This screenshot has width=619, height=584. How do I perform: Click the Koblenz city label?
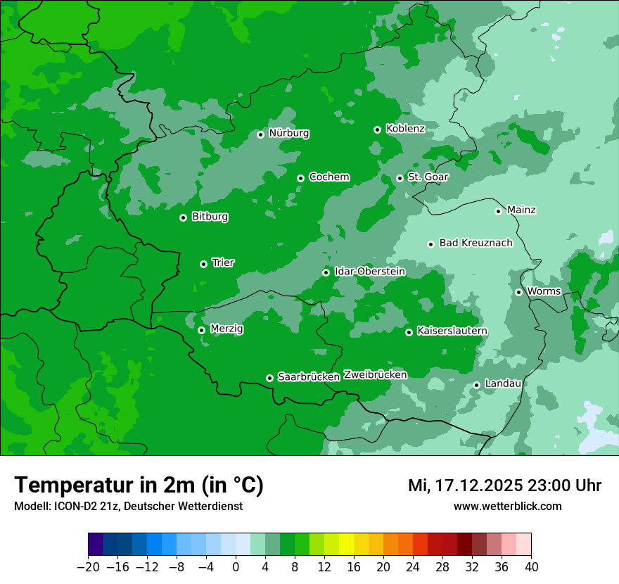(405, 129)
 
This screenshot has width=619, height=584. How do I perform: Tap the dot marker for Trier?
(203, 264)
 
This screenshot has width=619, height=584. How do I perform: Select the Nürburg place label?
(288, 133)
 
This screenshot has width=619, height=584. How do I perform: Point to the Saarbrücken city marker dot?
(269, 378)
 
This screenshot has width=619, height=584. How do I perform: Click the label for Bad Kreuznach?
(476, 243)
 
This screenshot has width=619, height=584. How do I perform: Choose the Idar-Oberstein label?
(369, 271)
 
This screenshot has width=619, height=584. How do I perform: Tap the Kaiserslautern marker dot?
(409, 332)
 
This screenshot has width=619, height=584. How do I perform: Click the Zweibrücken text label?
(375, 375)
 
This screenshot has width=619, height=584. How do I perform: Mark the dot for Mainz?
(498, 211)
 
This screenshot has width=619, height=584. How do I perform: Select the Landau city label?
(503, 383)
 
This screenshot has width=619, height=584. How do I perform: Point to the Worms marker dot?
(518, 292)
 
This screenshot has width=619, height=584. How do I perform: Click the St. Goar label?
(428, 177)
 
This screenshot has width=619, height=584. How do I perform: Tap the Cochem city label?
(329, 177)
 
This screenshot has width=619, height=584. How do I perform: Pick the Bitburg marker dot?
(183, 217)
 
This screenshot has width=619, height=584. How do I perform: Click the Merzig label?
(226, 329)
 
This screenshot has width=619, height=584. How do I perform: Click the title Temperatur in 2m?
(139, 485)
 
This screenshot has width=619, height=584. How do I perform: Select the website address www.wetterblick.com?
(507, 507)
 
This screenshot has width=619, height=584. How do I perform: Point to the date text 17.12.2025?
(478, 485)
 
